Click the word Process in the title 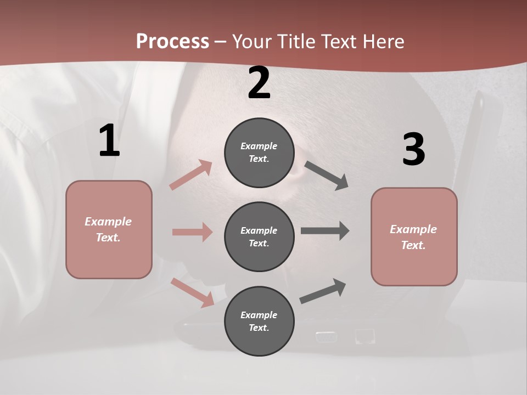click(172, 41)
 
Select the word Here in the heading click(383, 41)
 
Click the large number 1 click(109, 141)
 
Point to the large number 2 click(259, 83)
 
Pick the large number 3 click(413, 149)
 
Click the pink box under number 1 click(109, 229)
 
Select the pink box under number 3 click(414, 236)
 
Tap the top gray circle click(259, 153)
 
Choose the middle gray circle click(259, 236)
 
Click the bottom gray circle click(259, 321)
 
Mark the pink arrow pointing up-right click(191, 175)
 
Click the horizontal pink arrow click(192, 232)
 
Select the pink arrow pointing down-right click(193, 292)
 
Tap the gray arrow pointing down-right click(327, 176)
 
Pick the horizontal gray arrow click(325, 231)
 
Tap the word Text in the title click(339, 41)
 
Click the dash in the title click(221, 42)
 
